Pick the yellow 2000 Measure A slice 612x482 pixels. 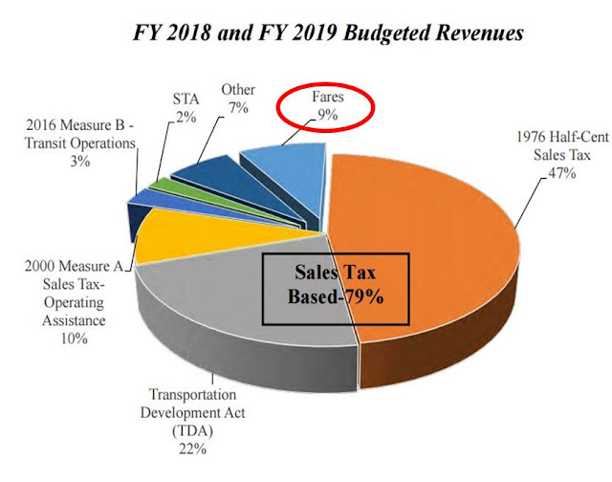pos(191,233)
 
